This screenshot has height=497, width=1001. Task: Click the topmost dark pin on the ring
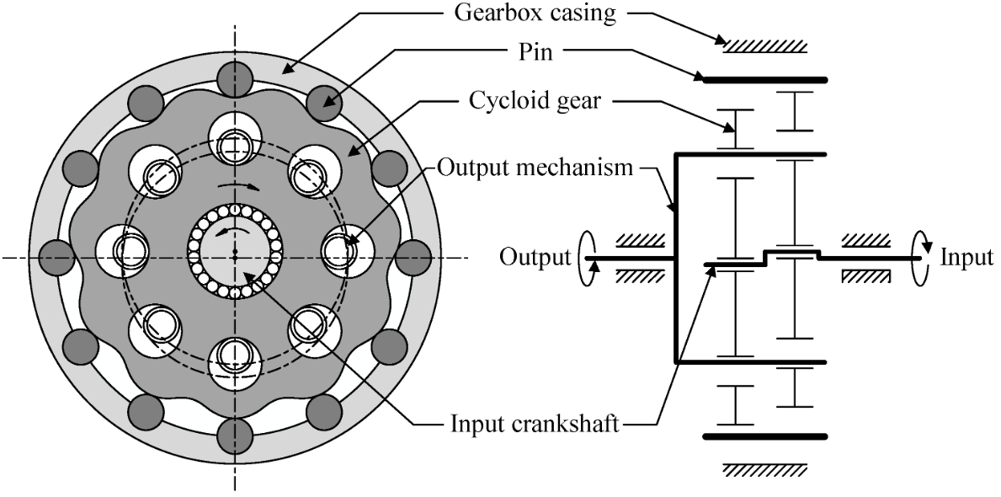click(x=235, y=79)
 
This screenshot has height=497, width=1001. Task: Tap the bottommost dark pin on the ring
click(x=235, y=435)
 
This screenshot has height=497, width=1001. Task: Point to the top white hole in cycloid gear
click(x=235, y=139)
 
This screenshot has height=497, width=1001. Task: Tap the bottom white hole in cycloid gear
click(x=235, y=362)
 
